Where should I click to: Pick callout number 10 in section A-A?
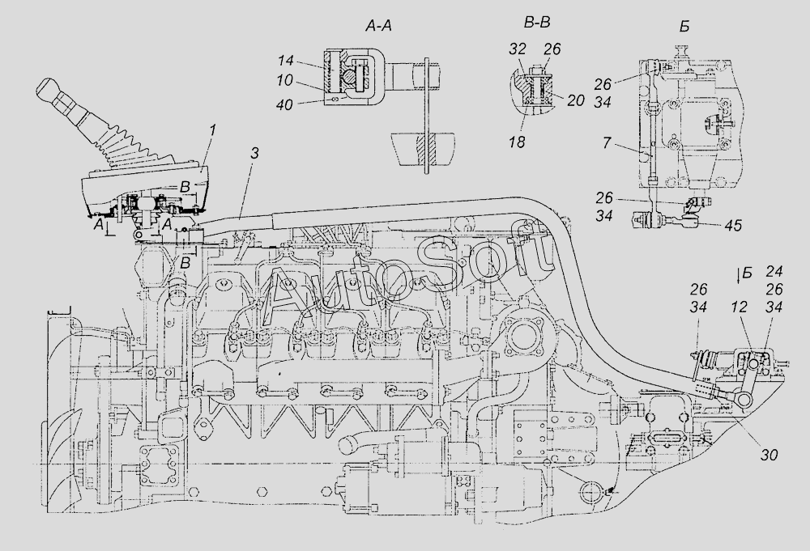pos(307,83)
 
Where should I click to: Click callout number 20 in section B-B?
pos(577,100)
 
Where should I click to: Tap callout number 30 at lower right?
pos(769,455)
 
